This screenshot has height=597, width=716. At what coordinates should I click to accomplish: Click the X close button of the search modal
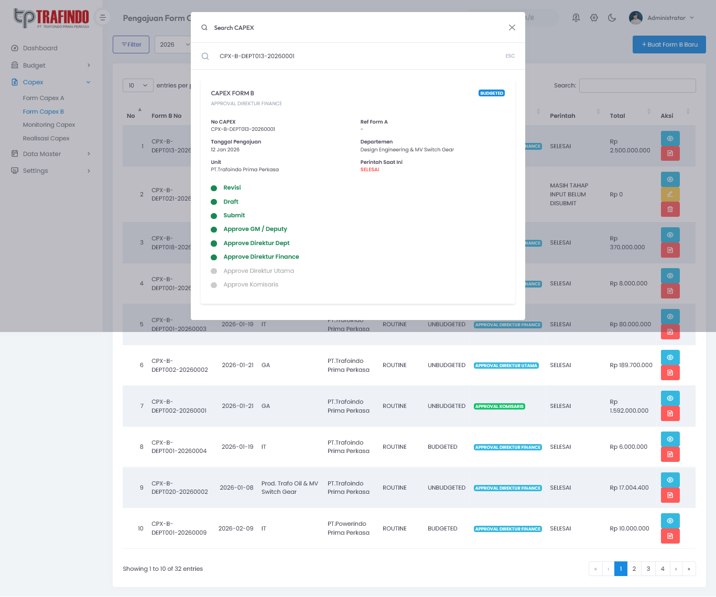512,28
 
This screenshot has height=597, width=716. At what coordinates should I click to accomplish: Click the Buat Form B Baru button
669,45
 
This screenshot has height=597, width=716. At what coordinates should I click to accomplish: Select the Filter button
131,45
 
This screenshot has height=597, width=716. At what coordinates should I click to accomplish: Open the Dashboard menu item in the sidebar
40,48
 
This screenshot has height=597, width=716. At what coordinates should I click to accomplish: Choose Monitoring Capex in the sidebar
49,125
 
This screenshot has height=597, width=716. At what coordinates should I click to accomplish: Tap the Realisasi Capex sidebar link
46,138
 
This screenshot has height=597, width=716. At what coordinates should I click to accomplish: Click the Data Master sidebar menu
42,154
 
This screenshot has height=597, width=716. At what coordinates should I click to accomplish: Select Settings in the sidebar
35,171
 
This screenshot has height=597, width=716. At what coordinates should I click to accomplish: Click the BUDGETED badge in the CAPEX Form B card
492,93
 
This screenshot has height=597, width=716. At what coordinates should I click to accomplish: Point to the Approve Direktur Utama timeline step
258,271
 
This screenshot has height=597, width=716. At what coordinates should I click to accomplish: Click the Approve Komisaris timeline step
251,284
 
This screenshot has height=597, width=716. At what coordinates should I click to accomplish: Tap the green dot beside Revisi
214,188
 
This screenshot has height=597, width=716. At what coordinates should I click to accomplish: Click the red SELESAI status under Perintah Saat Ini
370,170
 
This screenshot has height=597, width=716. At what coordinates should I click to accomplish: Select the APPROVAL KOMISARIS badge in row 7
500,406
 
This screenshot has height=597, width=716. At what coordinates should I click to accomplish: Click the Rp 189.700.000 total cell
631,366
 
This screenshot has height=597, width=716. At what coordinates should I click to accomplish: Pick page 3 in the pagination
648,569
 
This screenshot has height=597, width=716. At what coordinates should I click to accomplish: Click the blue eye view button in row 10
670,521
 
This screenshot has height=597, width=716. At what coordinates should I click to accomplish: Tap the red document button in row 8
670,454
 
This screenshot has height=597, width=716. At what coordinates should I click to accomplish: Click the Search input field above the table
637,85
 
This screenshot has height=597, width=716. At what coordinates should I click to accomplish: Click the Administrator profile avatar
635,18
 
